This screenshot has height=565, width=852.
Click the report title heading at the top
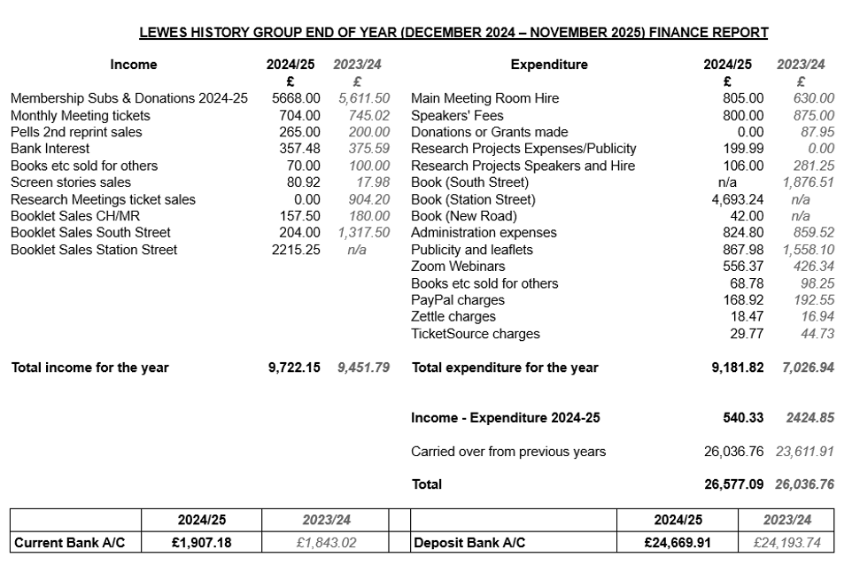coord(453,33)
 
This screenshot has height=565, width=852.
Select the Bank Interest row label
coord(50,149)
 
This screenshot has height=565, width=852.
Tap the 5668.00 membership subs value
coord(296,98)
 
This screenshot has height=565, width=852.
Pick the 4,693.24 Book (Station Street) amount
coord(737,199)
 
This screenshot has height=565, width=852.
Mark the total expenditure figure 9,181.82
coord(737,368)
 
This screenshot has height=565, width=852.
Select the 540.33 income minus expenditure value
coord(743,418)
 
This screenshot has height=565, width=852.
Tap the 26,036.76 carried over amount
coord(733,452)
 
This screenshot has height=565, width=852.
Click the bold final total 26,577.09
coord(733,484)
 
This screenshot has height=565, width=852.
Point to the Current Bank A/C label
coord(63,542)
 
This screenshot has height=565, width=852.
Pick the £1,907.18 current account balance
coord(201,542)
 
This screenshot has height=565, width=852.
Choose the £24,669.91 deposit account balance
coord(678,542)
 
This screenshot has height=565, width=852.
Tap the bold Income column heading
coord(134,65)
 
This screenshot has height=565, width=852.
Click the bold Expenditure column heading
coord(549,65)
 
